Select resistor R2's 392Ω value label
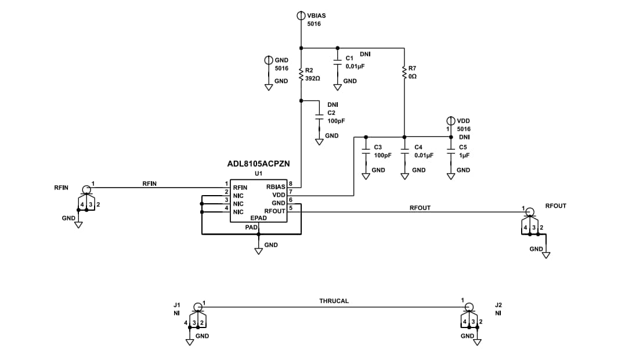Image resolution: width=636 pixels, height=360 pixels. coord(313,78)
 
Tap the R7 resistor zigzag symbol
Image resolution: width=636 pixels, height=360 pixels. coord(404,72)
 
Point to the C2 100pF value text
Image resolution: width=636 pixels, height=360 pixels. coord(336,121)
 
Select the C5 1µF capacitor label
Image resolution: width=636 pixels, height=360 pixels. coord(462,147)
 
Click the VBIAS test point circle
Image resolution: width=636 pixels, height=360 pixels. coord(301,16)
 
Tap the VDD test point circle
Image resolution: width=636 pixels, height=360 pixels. coord(451,121)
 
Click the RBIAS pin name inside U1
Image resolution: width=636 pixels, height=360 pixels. coord(276,187)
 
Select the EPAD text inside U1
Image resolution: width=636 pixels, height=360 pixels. coord(258,218)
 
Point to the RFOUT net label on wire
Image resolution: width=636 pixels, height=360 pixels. coord(420,207)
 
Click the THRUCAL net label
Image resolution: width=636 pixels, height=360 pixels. coord(334,301)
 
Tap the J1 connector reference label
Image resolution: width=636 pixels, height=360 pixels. coord(177,304)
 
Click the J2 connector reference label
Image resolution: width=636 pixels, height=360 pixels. coord(498,304)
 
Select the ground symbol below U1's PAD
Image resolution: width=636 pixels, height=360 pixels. coord(259,251)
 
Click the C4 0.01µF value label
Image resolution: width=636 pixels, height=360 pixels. coord(424,156)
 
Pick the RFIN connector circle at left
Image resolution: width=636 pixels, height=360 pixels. coord(86,189)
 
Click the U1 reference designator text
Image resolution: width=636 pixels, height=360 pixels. coord(258,174)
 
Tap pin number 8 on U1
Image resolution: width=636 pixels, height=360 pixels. coord(291,184)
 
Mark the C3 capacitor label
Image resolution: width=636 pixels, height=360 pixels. coord(378,147)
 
